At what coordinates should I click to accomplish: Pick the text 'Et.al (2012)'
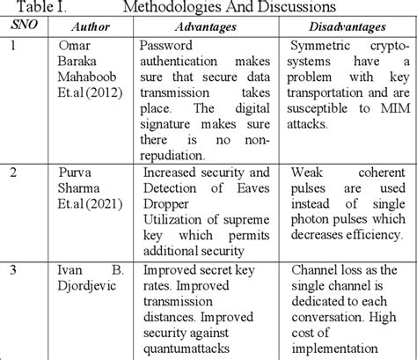[91, 92]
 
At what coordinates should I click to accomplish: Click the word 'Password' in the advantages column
[172, 45]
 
